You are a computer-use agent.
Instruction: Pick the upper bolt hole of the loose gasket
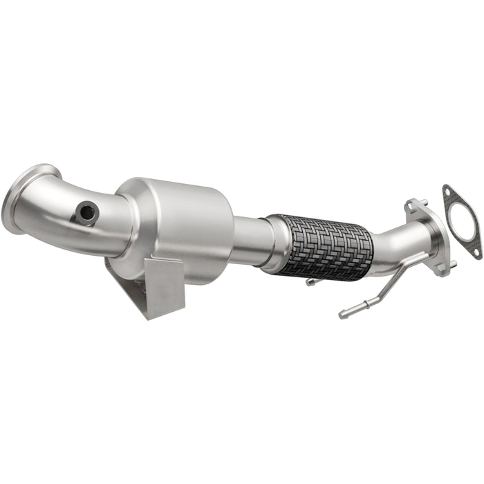click(x=448, y=191)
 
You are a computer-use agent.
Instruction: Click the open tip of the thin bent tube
click(x=342, y=315)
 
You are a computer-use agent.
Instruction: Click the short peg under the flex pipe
click(x=312, y=281)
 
